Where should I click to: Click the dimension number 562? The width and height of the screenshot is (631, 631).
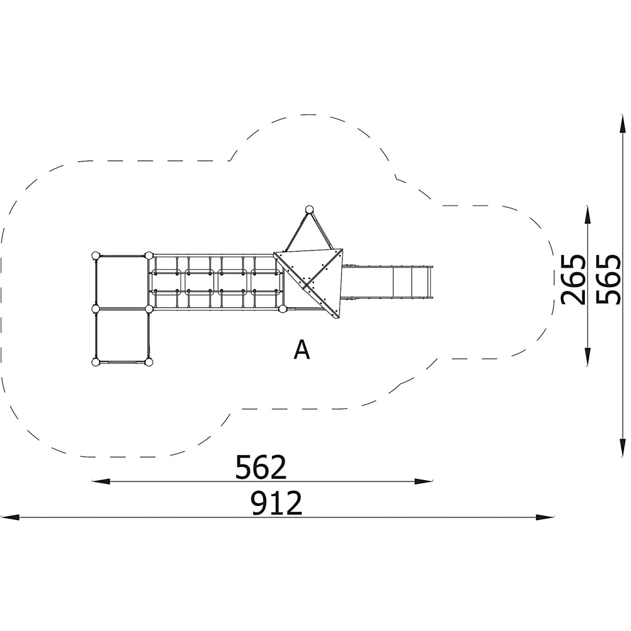click(x=261, y=467)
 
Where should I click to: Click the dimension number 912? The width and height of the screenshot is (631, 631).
click(x=276, y=503)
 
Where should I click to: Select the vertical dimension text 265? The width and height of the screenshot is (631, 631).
click(x=573, y=280)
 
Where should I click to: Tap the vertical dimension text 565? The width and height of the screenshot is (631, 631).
click(x=608, y=280)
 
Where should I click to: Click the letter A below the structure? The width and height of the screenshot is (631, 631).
click(x=302, y=350)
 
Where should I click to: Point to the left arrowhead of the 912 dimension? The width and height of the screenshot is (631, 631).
click(x=9, y=517)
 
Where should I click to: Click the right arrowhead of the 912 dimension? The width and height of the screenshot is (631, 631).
click(x=545, y=517)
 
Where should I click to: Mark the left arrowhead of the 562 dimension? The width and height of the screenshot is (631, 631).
click(x=101, y=481)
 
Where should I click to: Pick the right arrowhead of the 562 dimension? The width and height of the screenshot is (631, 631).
click(x=424, y=481)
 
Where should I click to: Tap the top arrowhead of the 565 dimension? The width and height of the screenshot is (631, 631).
click(x=623, y=124)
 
